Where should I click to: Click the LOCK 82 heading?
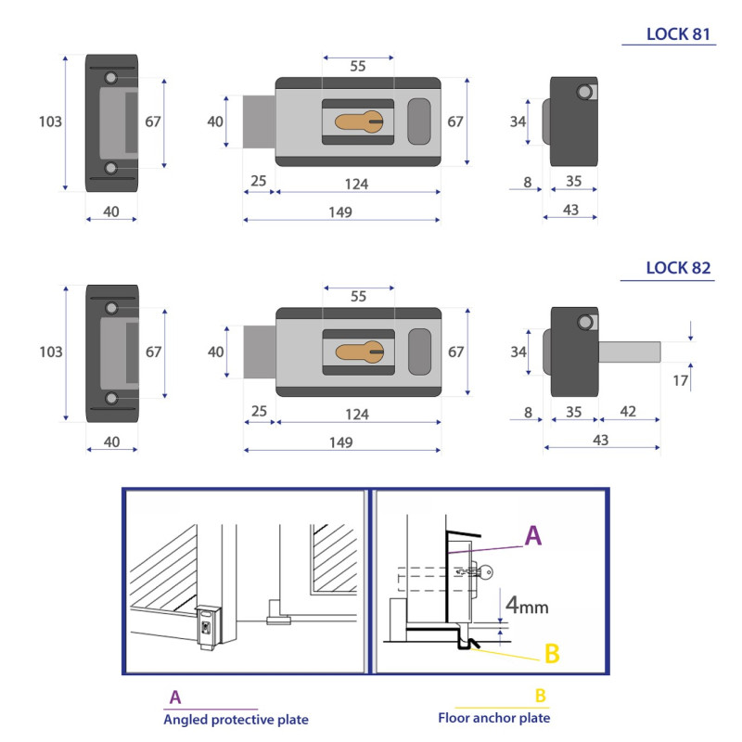(x=679, y=268)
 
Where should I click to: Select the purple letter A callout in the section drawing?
(x=533, y=535)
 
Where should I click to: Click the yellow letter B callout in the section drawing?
(x=552, y=653)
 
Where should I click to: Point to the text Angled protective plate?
(x=236, y=719)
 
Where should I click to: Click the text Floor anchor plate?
(x=493, y=718)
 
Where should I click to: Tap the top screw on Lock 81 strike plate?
(x=111, y=77)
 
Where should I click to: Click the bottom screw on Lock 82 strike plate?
(x=111, y=399)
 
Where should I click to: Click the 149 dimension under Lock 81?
(x=340, y=211)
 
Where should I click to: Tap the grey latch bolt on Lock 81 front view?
(x=259, y=121)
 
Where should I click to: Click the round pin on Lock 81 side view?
(x=584, y=91)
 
